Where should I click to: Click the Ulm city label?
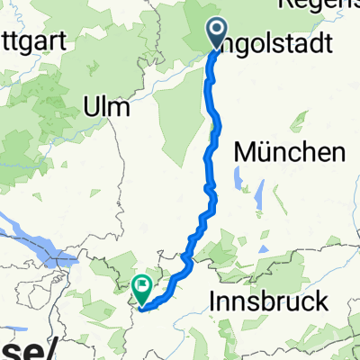[106, 107]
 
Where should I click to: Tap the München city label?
[290, 153]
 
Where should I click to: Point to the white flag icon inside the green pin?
[142, 286]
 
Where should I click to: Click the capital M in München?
[244, 153]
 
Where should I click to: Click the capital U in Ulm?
[91, 107]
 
